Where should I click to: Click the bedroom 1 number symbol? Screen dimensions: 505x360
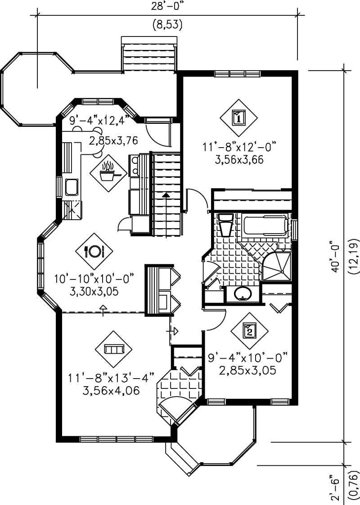point(238,118)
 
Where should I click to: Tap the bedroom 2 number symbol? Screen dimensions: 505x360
point(249,331)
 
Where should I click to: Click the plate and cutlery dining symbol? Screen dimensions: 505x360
point(94,251)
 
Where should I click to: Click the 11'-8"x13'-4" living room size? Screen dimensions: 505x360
point(111,376)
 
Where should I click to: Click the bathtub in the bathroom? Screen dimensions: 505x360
point(265,225)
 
